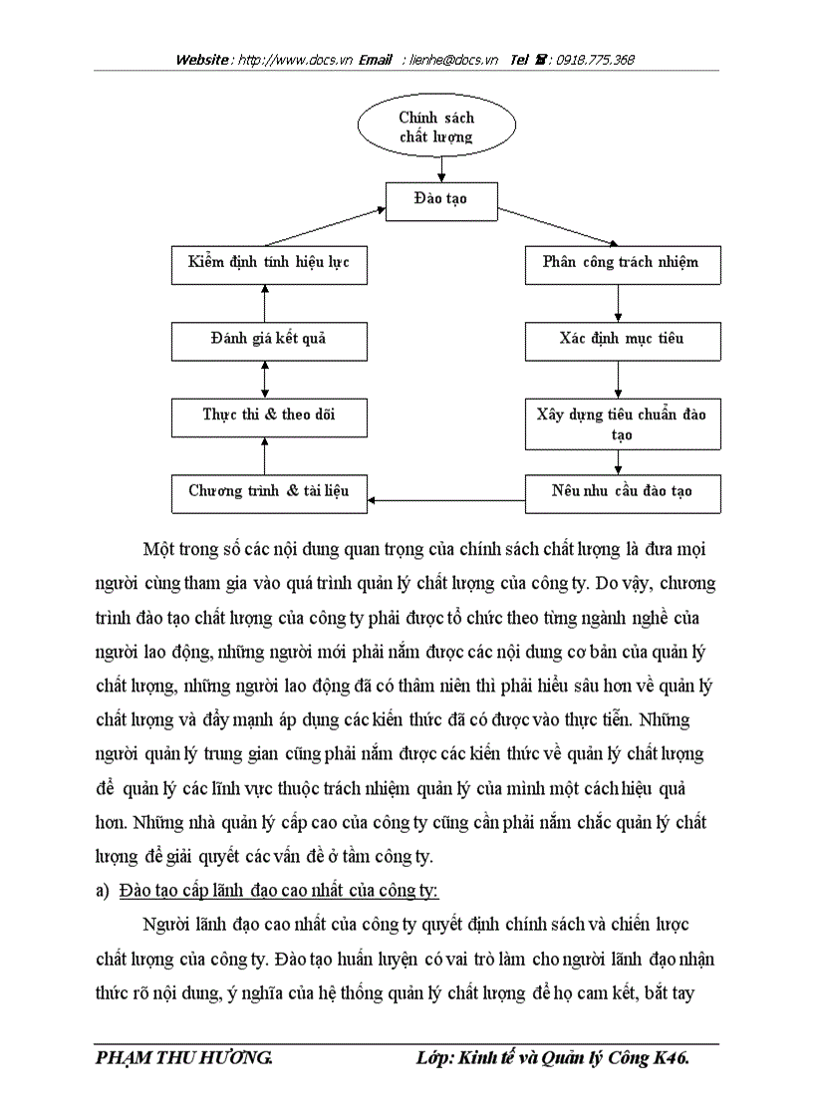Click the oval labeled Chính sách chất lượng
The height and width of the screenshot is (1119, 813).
[x=436, y=128]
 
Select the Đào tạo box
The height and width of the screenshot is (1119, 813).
[x=440, y=199]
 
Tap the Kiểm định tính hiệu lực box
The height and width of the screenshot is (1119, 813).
[x=269, y=263]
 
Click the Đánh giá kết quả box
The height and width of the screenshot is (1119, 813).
[x=269, y=339]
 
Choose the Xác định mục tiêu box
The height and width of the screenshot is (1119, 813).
[x=622, y=339]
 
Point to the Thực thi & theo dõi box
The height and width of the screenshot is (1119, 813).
[x=269, y=415]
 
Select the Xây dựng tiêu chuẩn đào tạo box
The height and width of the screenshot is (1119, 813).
[x=622, y=422]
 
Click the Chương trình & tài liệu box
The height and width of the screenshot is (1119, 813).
[x=269, y=491]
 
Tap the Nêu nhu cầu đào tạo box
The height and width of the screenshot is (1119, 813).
[x=622, y=491]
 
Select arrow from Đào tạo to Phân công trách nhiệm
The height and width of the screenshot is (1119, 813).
[x=558, y=226]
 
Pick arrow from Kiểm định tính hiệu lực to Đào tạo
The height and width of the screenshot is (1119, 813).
[x=325, y=227]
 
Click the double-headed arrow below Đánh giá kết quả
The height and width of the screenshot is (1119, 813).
[x=264, y=378]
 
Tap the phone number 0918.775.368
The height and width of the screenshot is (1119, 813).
[x=595, y=60]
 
